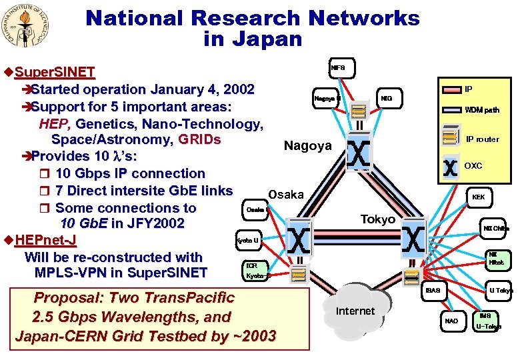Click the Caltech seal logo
pyautogui.click(x=29, y=28)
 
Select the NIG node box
pyautogui.click(x=387, y=99)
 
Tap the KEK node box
pyautogui.click(x=478, y=197)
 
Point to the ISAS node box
pyautogui.click(x=433, y=291)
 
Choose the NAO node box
pyautogui.click(x=452, y=321)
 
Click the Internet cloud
pyautogui.click(x=355, y=310)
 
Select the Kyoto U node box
pyautogui.click(x=247, y=239)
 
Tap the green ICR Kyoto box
pyautogui.click(x=256, y=269)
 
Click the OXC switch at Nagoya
pyautogui.click(x=359, y=154)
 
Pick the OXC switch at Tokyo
pyautogui.click(x=414, y=238)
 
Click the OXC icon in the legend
pyautogui.click(x=450, y=166)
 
